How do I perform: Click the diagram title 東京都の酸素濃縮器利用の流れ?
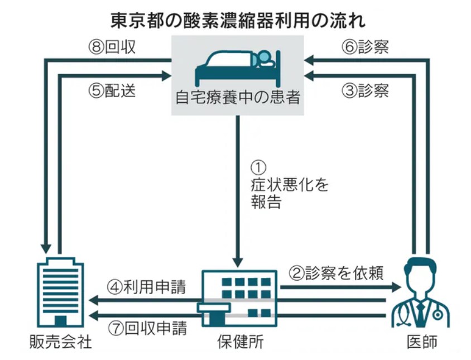click(x=237, y=21)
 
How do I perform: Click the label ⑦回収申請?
click(x=146, y=328)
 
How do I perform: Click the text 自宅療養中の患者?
click(x=238, y=99)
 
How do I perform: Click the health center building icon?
click(x=239, y=299)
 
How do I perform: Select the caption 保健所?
click(x=239, y=342)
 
